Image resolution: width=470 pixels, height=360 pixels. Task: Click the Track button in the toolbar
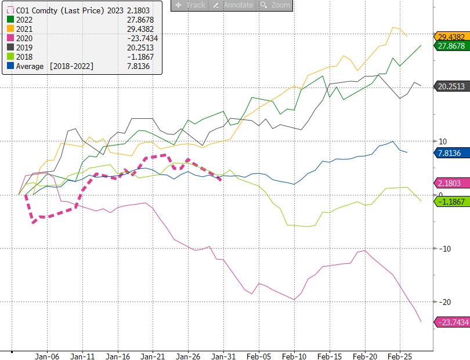pos(189,5)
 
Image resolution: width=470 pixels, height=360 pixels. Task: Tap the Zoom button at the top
pos(275,5)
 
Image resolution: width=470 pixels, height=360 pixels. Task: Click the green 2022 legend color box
pos(9,20)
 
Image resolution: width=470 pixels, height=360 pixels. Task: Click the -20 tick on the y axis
pos(445,302)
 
